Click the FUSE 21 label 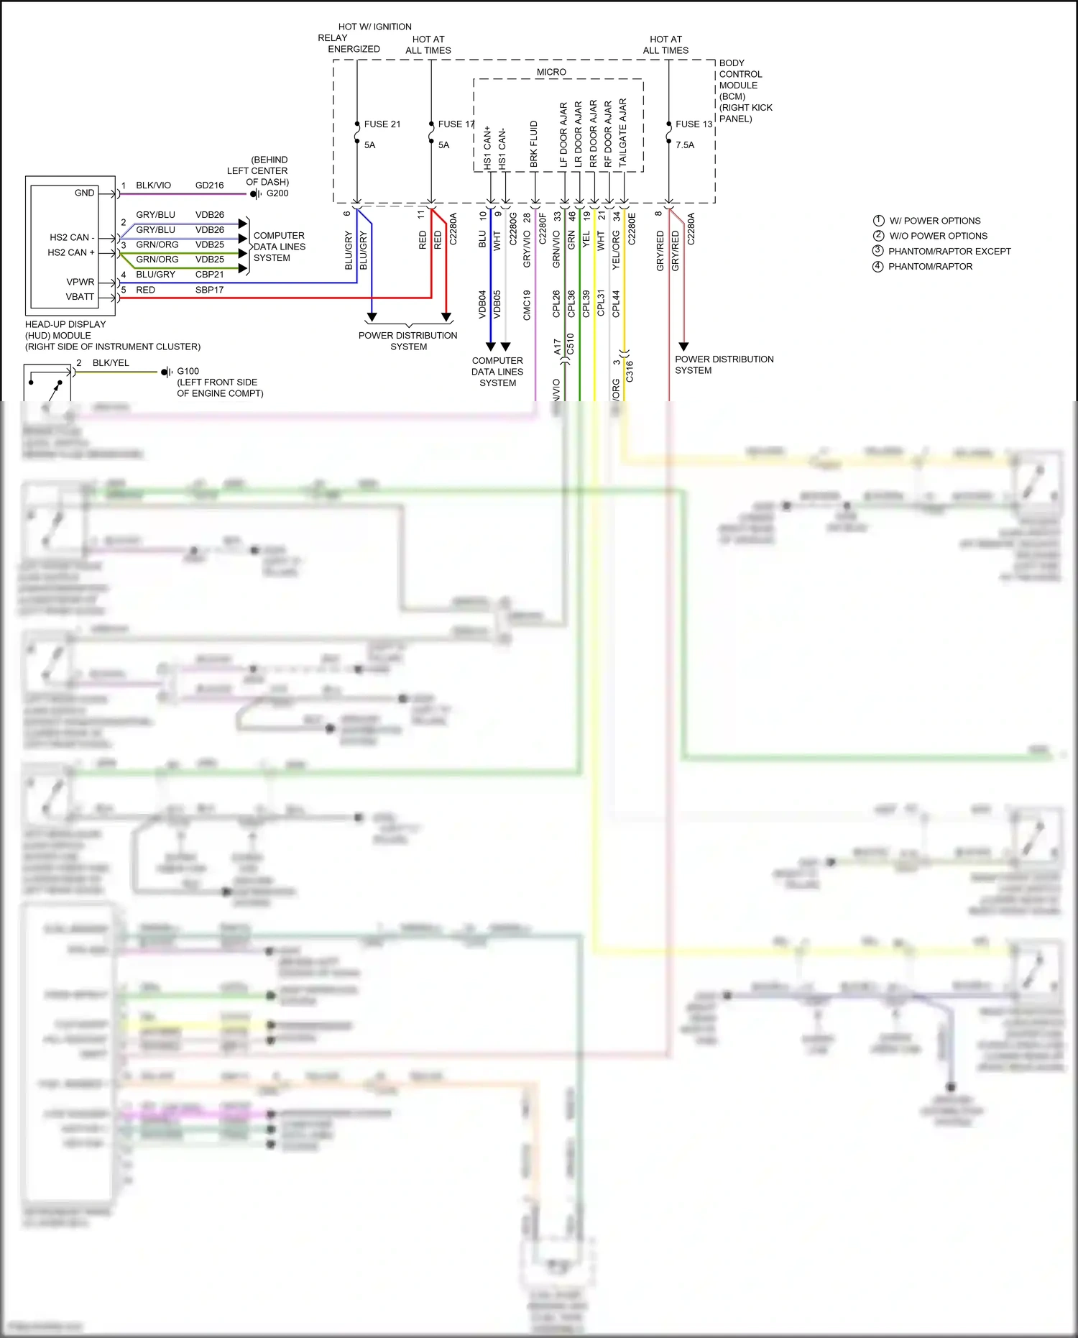click(x=382, y=124)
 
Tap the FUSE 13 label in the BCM click(x=693, y=124)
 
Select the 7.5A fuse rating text click(x=684, y=145)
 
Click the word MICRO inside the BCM click(x=551, y=72)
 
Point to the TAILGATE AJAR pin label click(x=623, y=133)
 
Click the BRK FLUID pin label click(x=534, y=144)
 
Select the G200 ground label click(x=277, y=193)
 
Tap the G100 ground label click(x=188, y=372)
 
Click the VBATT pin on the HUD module click(x=80, y=297)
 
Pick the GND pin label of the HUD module click(x=84, y=193)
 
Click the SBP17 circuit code click(x=209, y=290)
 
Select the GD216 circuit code click(x=209, y=185)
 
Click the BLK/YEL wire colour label click(x=111, y=363)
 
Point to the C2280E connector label click(x=632, y=229)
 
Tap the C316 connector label click(x=630, y=371)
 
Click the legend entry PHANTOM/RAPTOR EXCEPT click(x=949, y=252)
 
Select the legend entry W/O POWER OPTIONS click(x=938, y=236)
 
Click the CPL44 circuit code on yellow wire click(x=617, y=303)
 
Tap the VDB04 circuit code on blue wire click(x=482, y=303)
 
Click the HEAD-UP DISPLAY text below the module click(x=65, y=324)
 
